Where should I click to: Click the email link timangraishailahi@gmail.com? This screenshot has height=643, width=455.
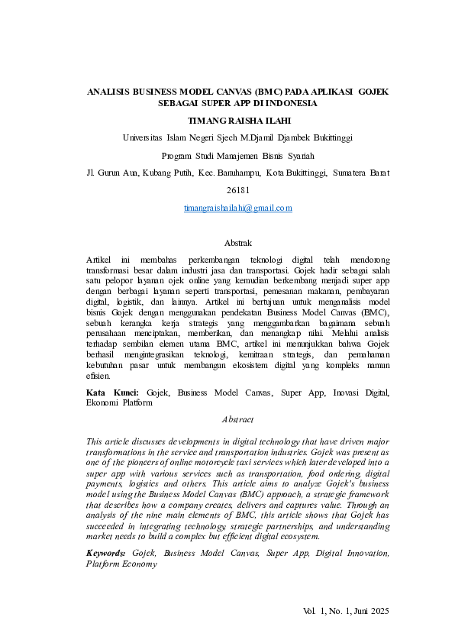tap(237, 208)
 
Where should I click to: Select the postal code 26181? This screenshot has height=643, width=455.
tap(238, 189)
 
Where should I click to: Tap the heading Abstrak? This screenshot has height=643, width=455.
tap(237, 243)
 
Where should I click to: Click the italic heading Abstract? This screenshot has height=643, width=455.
tap(237, 419)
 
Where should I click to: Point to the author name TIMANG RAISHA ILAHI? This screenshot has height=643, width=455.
tap(238, 120)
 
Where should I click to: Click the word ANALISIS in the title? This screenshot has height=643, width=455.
tap(108, 92)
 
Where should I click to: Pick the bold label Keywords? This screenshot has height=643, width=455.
tap(107, 552)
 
